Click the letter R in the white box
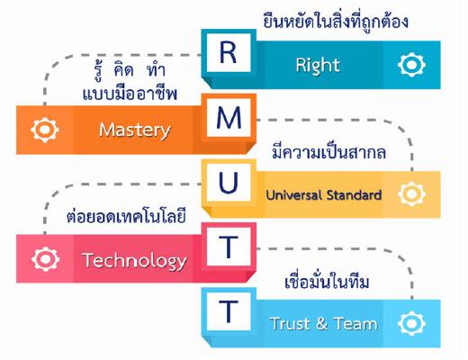pos(229,53)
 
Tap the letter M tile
pos(229,118)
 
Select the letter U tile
pos(229,183)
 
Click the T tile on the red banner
pos(229,247)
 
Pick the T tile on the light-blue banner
pos(229,311)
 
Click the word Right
pos(318,66)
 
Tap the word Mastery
pos(135,130)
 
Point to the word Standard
pos(354,195)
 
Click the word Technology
pos(134,261)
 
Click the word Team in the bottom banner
pos(355,324)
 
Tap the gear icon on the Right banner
pos(411,65)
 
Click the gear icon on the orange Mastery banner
pos(45,130)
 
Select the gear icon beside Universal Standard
pos(411,194)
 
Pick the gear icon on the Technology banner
pos(45,259)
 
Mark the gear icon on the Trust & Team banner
pos(411,324)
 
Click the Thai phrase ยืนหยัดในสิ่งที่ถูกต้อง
pos(336,22)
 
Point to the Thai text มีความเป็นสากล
pos(328,151)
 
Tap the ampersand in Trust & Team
pos(321,324)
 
